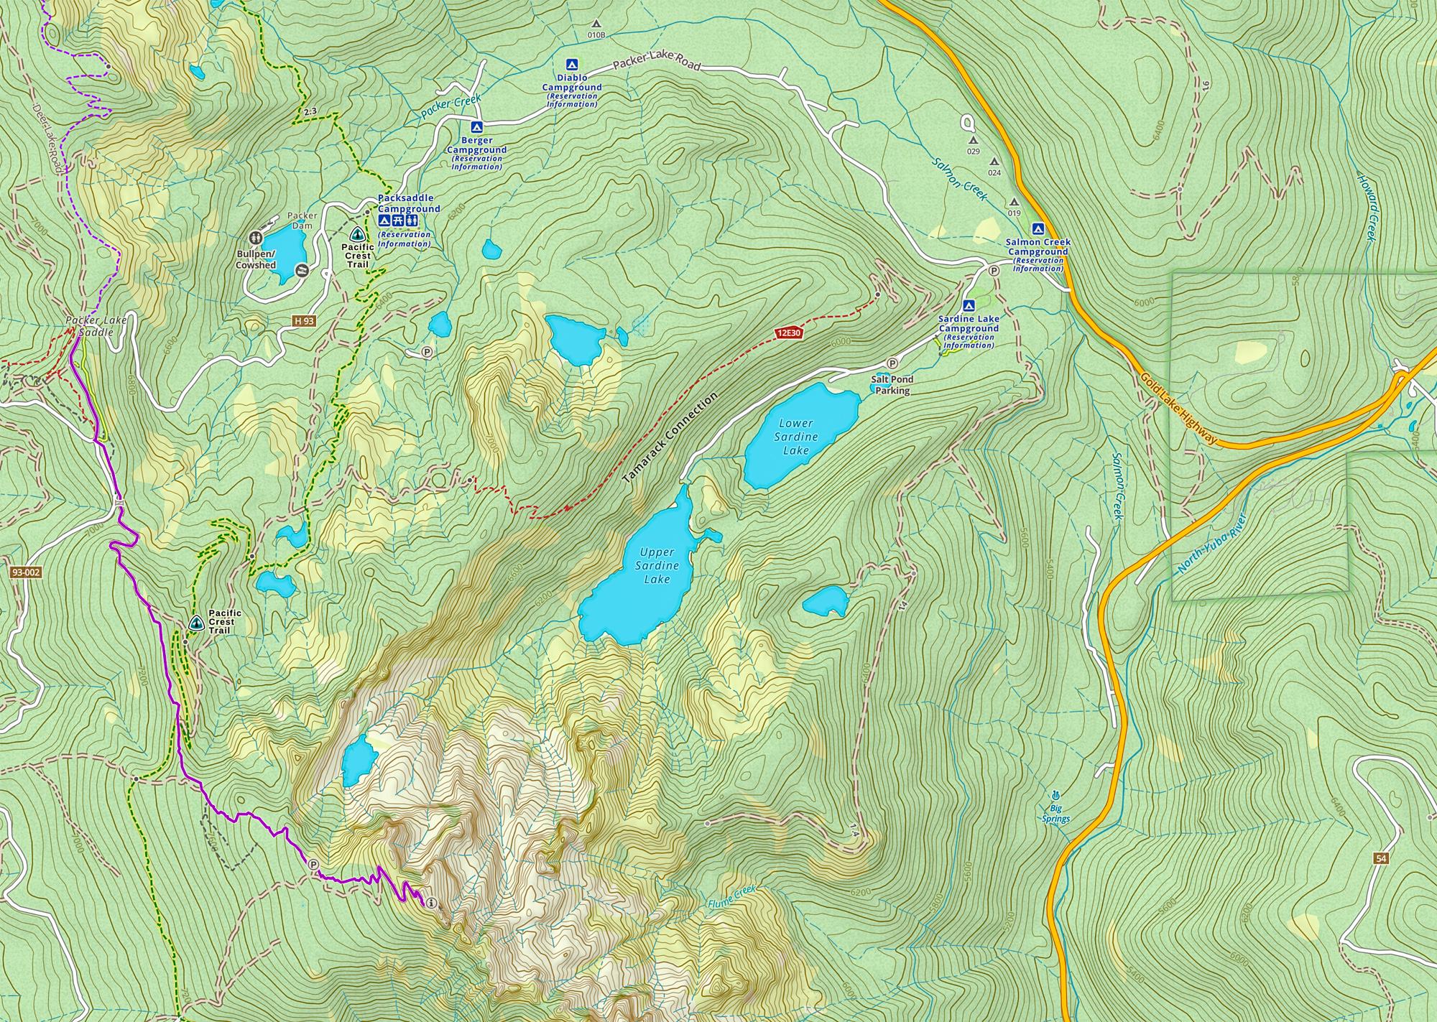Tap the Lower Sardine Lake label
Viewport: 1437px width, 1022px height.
pos(795,436)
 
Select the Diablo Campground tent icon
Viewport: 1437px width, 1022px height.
pos(572,64)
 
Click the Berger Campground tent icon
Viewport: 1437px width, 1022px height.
pos(476,126)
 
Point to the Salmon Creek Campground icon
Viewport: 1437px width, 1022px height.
pos(1038,229)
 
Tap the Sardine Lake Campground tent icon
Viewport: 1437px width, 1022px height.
pos(968,305)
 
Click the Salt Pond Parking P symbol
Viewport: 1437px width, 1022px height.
pos(892,363)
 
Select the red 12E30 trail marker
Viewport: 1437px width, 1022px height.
pos(788,333)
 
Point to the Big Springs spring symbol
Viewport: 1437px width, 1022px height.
pos(1055,795)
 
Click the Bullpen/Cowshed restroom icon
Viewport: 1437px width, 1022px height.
pos(256,237)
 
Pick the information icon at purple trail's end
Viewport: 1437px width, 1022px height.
pos(431,903)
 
